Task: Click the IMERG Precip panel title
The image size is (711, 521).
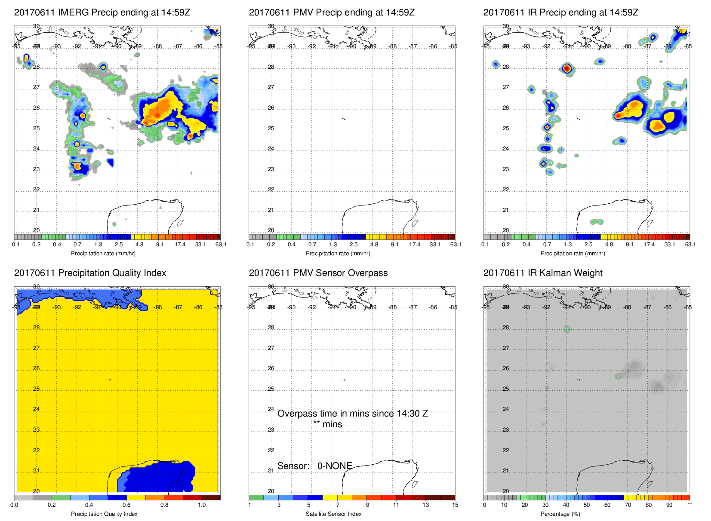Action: pos(102,12)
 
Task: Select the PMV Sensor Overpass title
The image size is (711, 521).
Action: pos(318,273)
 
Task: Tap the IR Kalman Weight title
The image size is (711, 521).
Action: pos(542,273)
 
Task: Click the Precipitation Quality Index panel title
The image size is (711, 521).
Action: pos(90,273)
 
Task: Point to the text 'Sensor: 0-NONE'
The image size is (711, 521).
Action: pos(314,466)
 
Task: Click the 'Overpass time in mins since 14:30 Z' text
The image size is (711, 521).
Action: pos(352,414)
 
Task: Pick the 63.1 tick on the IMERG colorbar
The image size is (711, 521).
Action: pos(221,245)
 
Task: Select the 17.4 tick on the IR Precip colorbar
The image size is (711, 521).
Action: pos(649,245)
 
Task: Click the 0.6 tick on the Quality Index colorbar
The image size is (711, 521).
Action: pos(126,505)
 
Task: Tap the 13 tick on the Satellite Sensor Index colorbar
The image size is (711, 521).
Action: pos(425,505)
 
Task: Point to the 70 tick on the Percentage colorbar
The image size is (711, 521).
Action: pos(628,505)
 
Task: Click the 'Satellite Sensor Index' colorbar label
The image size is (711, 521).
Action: pos(333,514)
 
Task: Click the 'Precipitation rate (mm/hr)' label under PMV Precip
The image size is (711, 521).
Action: pos(338,254)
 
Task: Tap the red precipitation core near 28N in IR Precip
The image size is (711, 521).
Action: pos(567,68)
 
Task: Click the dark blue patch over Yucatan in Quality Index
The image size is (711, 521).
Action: pos(159,477)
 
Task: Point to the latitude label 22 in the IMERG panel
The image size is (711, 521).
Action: pos(36,190)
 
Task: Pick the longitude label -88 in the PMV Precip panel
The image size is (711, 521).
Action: pos(393,46)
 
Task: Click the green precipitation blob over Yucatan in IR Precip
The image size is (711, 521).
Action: pos(597,222)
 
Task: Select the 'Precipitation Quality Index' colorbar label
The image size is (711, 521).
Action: pos(104,514)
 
